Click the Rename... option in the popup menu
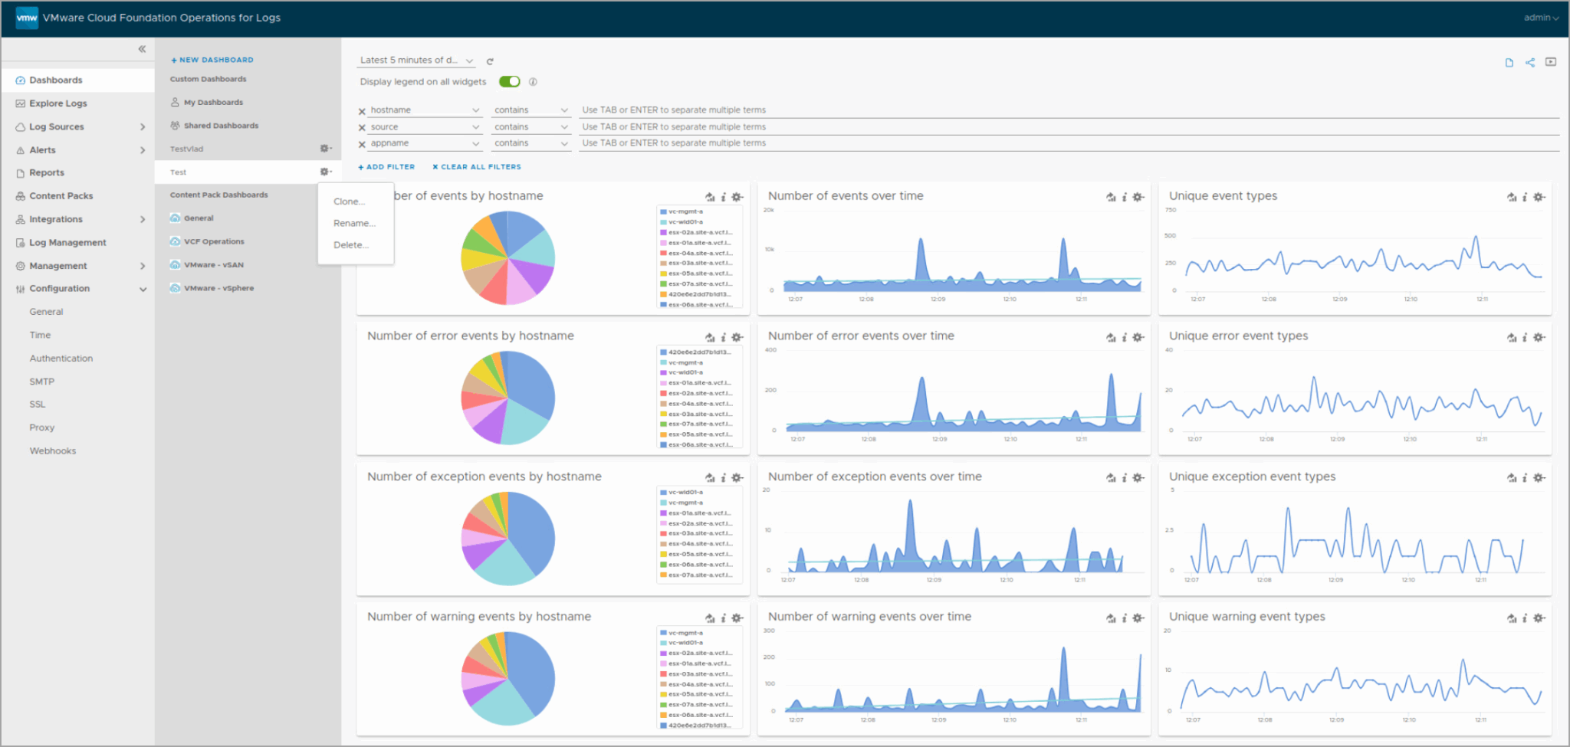tap(354, 223)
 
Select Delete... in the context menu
tap(351, 245)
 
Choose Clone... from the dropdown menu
tap(349, 201)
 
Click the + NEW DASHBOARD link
tap(212, 60)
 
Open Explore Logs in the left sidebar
tap(58, 103)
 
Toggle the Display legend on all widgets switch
tap(509, 82)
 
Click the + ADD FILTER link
tap(386, 167)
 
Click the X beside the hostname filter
tap(362, 111)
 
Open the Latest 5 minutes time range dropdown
tap(416, 61)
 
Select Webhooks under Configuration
tap(53, 451)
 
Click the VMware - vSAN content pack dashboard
tap(213, 265)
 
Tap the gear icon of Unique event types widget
tap(1539, 197)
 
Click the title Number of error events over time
tap(861, 336)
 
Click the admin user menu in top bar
tap(1540, 18)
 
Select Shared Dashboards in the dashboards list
tap(221, 126)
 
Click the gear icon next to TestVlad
tap(325, 149)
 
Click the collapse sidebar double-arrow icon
tap(142, 49)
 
